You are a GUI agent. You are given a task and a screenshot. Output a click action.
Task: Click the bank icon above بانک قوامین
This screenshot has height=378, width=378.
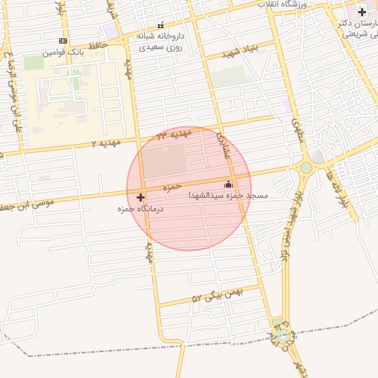click(63, 41)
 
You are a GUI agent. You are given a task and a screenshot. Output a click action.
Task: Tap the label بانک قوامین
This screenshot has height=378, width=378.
click(63, 52)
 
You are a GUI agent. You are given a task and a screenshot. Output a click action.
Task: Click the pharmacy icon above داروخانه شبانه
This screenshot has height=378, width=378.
click(161, 25)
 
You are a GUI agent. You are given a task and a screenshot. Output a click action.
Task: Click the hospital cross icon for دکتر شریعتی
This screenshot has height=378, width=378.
click(362, 12)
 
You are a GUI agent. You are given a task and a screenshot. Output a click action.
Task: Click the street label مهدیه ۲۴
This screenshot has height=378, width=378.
click(171, 134)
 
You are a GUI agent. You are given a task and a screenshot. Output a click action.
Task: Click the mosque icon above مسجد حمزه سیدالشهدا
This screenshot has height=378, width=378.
click(227, 185)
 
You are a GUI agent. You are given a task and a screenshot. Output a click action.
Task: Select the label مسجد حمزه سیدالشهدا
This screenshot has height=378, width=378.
click(228, 196)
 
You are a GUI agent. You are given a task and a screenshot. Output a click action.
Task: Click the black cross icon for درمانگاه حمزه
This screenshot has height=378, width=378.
click(140, 197)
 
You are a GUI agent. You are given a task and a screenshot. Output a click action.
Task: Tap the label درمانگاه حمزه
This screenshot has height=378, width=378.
click(140, 210)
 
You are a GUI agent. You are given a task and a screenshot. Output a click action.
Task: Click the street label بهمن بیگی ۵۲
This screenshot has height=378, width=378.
click(218, 295)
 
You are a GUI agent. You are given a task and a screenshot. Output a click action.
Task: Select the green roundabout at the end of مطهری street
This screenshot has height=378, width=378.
click(306, 168)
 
